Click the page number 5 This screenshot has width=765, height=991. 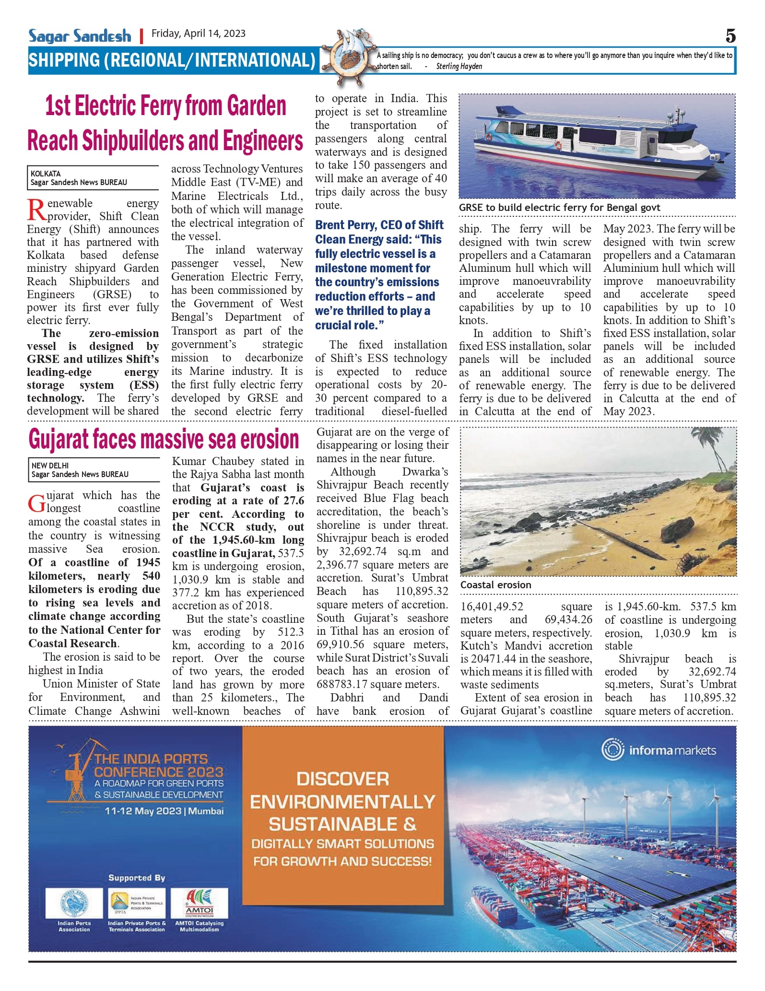click(730, 36)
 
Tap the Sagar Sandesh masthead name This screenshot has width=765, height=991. click(80, 36)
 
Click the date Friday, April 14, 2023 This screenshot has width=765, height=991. click(198, 34)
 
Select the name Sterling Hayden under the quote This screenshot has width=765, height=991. click(459, 67)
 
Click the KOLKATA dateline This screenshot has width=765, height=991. click(46, 174)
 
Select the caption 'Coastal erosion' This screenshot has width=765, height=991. click(495, 585)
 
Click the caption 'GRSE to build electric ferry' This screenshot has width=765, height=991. click(559, 208)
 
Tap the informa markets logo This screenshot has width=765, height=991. click(659, 751)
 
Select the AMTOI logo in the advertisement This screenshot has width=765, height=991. click(199, 903)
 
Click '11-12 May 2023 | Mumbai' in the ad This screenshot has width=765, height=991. click(164, 811)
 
